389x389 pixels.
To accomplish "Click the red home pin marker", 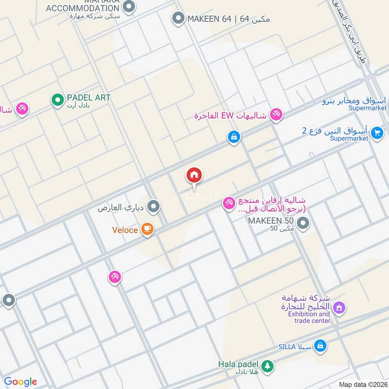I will point(194,176).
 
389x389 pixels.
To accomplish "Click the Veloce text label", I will point(125,230).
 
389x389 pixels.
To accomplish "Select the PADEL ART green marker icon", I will point(57,101).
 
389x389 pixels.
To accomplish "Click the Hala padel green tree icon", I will point(267,365).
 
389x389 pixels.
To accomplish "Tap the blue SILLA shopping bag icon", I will point(320,346).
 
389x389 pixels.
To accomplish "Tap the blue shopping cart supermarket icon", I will point(376,132).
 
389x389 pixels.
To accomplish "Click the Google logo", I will point(20,382).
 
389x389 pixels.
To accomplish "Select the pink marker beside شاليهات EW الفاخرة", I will point(276,114).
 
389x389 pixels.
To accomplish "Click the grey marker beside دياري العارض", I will point(154,208).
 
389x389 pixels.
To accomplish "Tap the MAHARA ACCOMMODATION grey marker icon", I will point(129,6).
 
